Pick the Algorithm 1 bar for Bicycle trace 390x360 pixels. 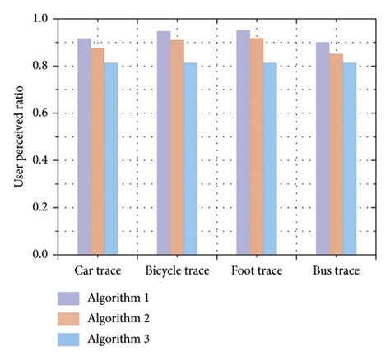click(x=164, y=143)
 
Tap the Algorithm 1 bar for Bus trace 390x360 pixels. click(x=323, y=148)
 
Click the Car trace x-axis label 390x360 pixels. click(x=98, y=270)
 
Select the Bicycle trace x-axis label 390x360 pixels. click(x=177, y=270)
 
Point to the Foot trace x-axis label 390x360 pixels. click(x=257, y=270)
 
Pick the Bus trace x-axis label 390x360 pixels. click(x=336, y=270)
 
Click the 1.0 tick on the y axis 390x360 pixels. click(x=41, y=18)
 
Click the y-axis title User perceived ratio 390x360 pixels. click(x=17, y=136)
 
